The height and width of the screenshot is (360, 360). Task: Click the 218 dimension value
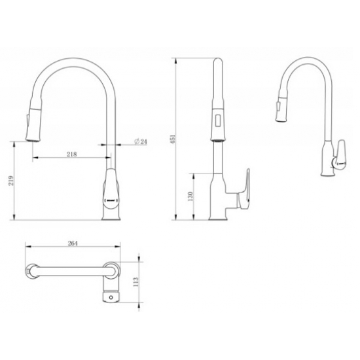coord(72,154)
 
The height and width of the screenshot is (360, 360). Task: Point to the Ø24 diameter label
coord(139,142)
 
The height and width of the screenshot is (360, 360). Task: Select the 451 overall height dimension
coord(173,139)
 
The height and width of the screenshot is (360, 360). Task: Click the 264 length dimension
coord(73,243)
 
